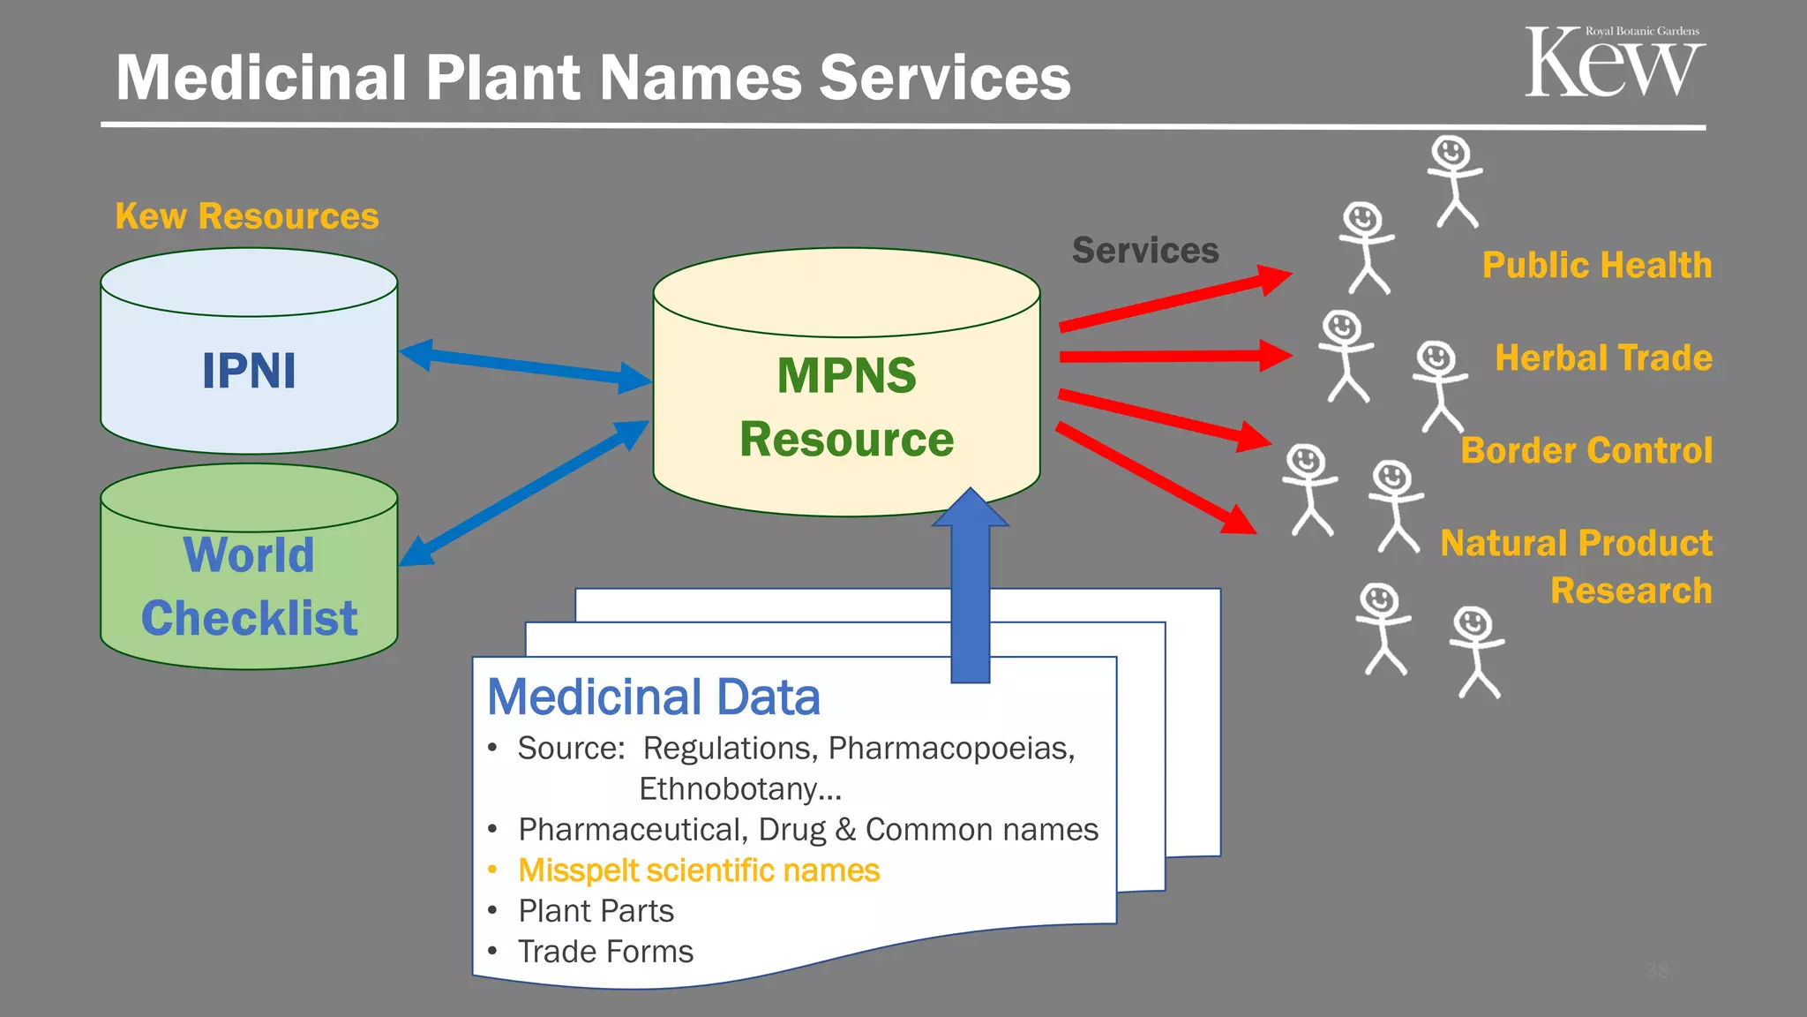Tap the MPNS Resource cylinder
tap(846, 406)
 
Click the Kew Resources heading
tap(246, 216)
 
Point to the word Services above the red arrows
tap(1144, 251)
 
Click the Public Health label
tap(1596, 265)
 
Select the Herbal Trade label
tap(1602, 358)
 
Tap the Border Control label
tap(1586, 450)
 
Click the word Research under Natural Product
tap(1631, 590)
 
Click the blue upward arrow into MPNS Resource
tap(970, 591)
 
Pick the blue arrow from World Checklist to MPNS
tap(525, 493)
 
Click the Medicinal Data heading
tap(653, 697)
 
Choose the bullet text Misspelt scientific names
tap(698, 870)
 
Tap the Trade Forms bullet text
tap(605, 952)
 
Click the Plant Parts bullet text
tap(596, 911)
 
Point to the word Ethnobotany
tap(739, 788)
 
